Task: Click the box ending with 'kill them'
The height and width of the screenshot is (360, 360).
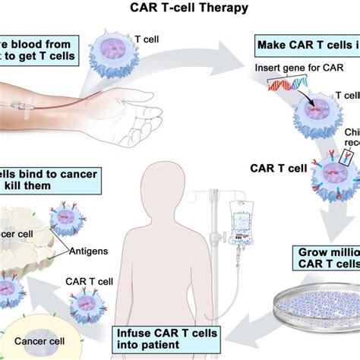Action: point(49,180)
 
